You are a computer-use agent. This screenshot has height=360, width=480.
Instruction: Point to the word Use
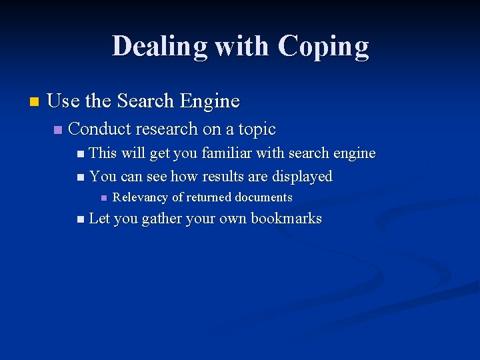(x=63, y=101)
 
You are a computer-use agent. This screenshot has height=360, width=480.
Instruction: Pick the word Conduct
(x=100, y=129)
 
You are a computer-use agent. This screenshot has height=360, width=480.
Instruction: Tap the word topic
(x=257, y=129)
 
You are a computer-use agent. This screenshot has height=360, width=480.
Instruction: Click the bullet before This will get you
(x=81, y=154)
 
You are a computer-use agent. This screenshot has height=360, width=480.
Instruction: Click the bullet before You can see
(x=81, y=177)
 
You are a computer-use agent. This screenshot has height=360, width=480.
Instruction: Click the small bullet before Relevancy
(x=103, y=198)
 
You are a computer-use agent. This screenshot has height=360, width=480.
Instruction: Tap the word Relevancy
(x=141, y=197)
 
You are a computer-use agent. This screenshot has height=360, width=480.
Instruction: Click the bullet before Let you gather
(x=81, y=219)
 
